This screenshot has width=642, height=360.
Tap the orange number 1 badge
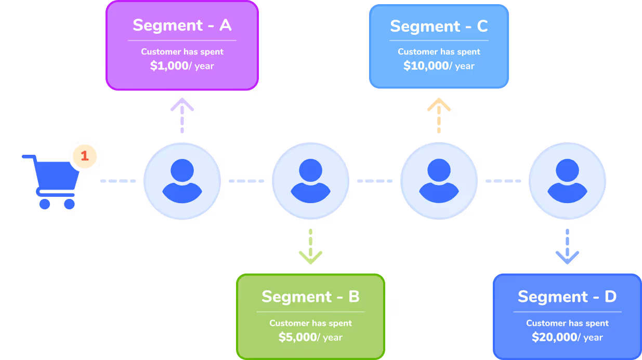pyautogui.click(x=85, y=156)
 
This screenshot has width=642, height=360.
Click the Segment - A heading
pyautogui.click(x=182, y=25)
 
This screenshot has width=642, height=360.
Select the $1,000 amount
pyautogui.click(x=169, y=66)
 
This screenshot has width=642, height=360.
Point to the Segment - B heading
pyautogui.click(x=310, y=297)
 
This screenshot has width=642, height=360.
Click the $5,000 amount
pyautogui.click(x=298, y=337)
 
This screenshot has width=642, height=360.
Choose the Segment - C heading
pyautogui.click(x=439, y=26)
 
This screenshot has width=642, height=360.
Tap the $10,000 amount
pyautogui.click(x=426, y=66)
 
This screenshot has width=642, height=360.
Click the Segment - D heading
pyautogui.click(x=567, y=297)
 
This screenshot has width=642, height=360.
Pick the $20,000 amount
pyautogui.click(x=555, y=337)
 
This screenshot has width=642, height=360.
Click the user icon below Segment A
pyautogui.click(x=182, y=181)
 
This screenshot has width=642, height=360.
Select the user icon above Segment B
pyautogui.click(x=310, y=181)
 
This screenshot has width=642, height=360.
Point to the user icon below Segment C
pyautogui.click(x=439, y=181)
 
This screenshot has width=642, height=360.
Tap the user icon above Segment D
pyautogui.click(x=567, y=181)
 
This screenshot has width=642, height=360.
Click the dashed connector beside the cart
pyautogui.click(x=119, y=181)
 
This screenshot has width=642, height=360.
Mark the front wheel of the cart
pyautogui.click(x=69, y=204)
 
